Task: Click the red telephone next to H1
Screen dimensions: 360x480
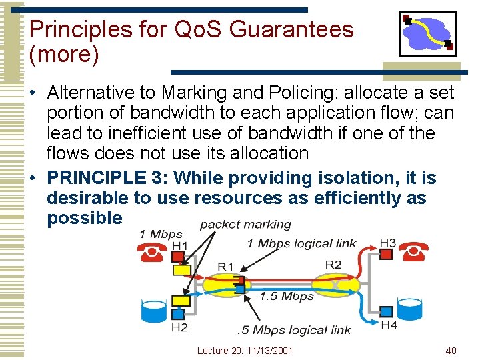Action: pos(153,253)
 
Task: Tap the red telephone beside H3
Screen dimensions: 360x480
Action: pos(415,252)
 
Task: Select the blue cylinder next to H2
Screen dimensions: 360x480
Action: pos(154,311)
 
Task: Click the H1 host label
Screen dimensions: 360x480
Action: pos(179,246)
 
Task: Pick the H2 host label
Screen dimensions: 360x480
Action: pos(179,327)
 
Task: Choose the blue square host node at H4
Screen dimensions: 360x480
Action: pos(387,311)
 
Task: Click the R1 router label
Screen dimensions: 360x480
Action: pos(226,267)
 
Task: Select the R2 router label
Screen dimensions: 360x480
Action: pos(333,265)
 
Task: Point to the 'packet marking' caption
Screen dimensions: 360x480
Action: pos(245,225)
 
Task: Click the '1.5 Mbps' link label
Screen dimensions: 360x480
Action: pos(287,296)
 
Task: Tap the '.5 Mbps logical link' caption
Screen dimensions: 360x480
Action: pos(294,329)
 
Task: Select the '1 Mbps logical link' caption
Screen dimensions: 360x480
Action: pos(301,243)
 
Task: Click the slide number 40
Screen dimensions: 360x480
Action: pos(451,351)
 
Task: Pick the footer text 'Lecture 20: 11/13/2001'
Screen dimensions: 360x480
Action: pos(245,351)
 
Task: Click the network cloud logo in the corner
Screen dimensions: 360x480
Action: pos(427,33)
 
